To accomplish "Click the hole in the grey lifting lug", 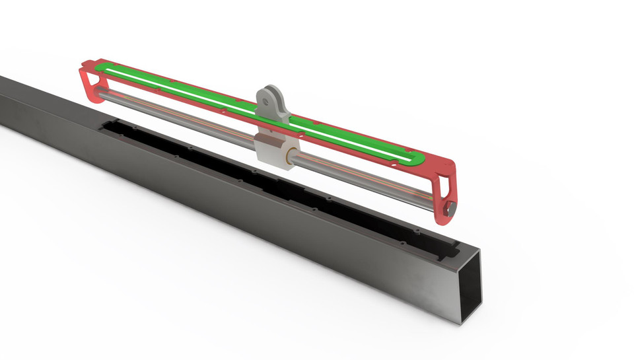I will tap(266, 102).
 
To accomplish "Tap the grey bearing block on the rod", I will tap(272, 150).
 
